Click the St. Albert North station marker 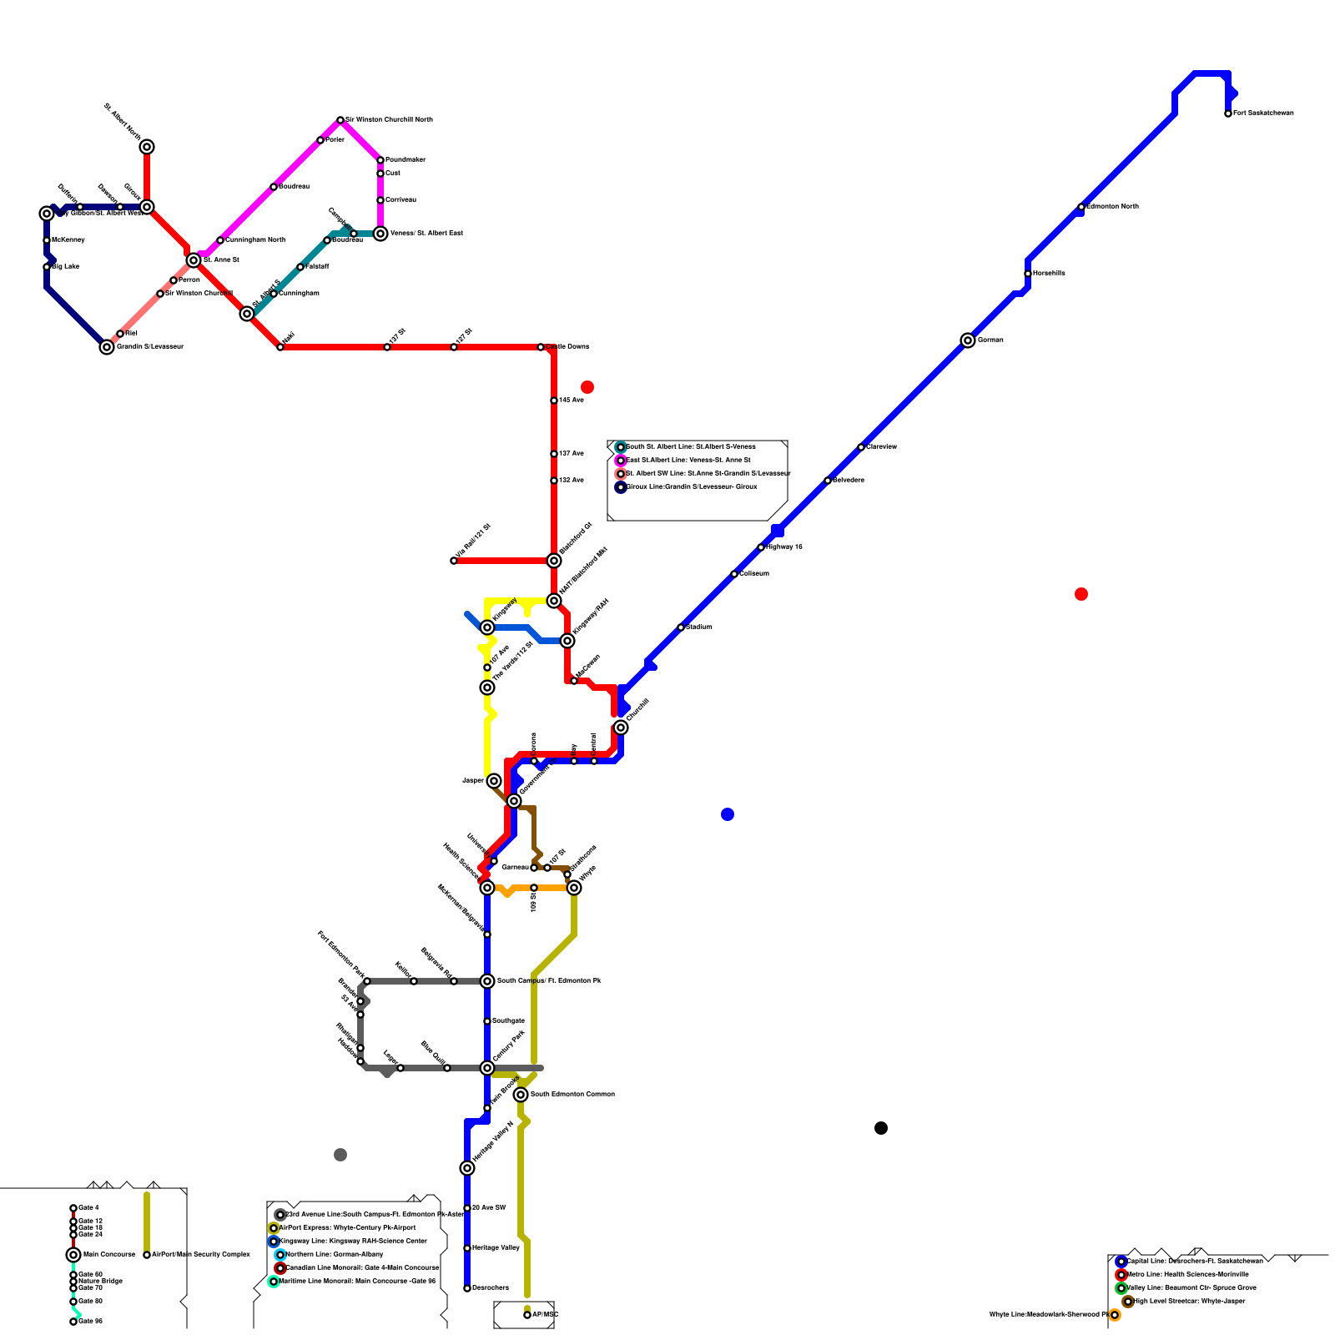(147, 147)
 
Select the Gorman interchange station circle (968, 340)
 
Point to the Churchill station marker (621, 728)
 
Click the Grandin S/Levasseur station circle (107, 347)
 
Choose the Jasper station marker (494, 781)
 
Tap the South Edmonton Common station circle (521, 1095)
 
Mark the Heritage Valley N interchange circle (467, 1168)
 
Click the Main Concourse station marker (73, 1255)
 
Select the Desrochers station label (491, 1288)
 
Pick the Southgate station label (508, 1021)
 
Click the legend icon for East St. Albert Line (621, 461)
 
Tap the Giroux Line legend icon (621, 487)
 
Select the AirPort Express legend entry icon (274, 1228)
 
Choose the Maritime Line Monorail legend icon (274, 1282)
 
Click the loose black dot (881, 1128)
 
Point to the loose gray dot (340, 1155)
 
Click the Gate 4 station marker (73, 1208)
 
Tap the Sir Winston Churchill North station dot (340, 120)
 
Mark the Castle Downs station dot (541, 347)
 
